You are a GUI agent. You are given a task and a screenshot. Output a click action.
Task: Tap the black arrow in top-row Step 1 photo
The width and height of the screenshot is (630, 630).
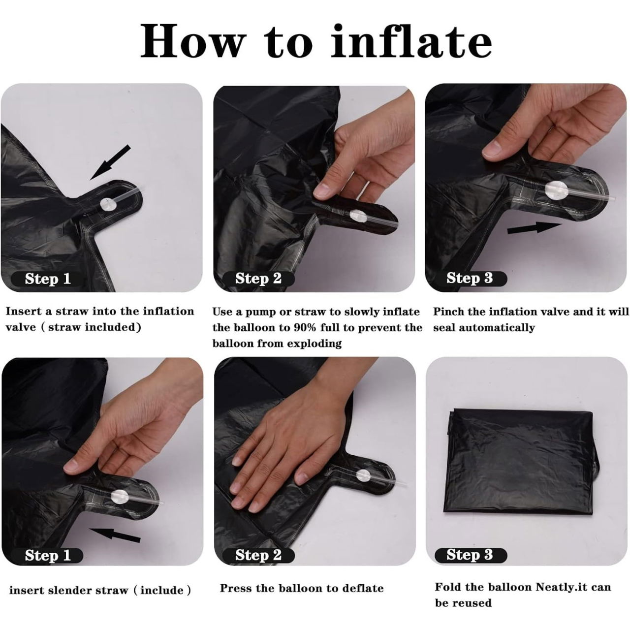point(110,161)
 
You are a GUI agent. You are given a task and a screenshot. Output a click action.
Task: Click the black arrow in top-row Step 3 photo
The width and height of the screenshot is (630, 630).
point(534,228)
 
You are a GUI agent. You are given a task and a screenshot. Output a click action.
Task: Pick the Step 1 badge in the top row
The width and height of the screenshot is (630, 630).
point(48,279)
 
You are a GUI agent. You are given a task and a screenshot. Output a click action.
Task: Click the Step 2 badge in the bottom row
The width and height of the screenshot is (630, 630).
point(258,555)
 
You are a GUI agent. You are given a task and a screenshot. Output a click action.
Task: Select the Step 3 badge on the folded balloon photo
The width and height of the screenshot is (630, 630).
point(470,555)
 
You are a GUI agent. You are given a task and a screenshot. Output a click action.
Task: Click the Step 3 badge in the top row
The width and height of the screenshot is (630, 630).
point(470,278)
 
